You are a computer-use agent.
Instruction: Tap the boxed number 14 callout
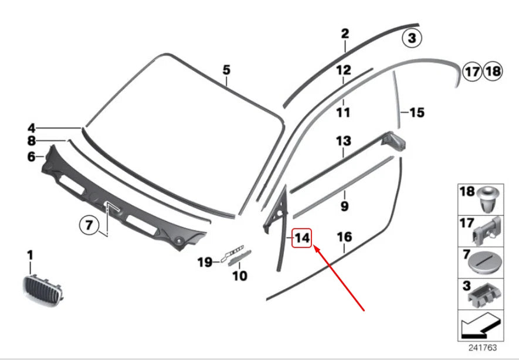[x=301, y=239]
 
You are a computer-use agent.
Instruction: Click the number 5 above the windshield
[x=226, y=70]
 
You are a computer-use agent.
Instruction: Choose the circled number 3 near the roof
[x=411, y=39]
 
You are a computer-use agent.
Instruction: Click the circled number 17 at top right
[x=472, y=72]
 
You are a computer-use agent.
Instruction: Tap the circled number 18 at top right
[x=493, y=72]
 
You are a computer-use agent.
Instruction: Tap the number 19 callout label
[x=204, y=262]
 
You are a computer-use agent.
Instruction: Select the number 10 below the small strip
[x=240, y=276]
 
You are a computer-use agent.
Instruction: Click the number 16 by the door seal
[x=344, y=237]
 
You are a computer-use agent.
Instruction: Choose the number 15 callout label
[x=416, y=112]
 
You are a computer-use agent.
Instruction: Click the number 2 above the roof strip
[x=345, y=33]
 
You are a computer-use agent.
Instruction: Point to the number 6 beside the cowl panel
[x=31, y=157]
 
